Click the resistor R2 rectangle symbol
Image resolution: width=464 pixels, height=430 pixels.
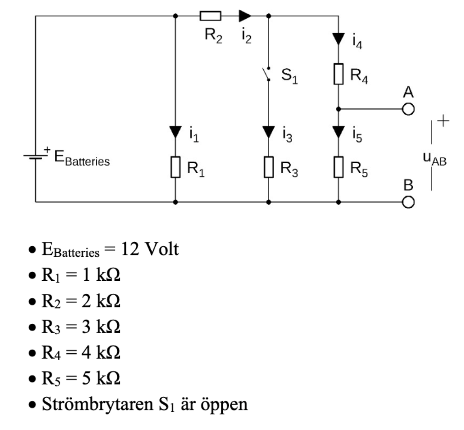(x=210, y=16)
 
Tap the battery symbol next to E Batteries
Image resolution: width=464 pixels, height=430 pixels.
(x=36, y=157)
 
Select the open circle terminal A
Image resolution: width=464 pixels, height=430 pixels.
(x=408, y=109)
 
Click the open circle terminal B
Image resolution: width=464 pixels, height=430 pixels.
(x=408, y=202)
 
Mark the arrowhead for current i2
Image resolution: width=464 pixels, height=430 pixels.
(x=245, y=16)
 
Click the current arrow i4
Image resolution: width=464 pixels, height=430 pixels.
(x=338, y=38)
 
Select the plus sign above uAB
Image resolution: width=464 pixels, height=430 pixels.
(x=443, y=122)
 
